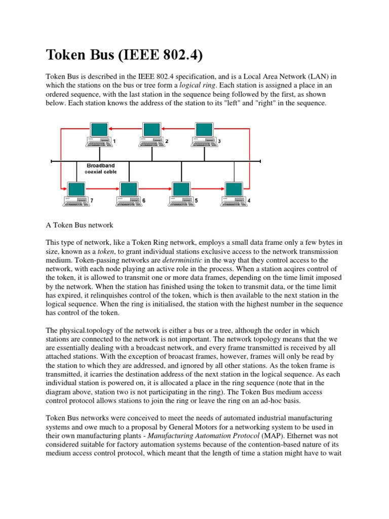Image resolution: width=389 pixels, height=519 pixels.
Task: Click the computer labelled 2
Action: click(x=151, y=135)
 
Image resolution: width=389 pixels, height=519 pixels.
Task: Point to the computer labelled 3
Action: click(x=204, y=135)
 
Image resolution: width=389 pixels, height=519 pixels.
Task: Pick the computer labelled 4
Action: click(x=234, y=194)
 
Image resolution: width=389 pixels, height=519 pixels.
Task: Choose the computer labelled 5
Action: click(x=181, y=194)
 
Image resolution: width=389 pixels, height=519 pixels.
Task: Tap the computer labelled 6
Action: click(x=128, y=194)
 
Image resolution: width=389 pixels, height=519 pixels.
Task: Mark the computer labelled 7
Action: click(x=75, y=194)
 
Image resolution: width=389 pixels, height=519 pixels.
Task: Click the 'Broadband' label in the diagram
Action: click(x=101, y=165)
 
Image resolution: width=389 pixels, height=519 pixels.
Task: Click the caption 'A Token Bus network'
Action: click(x=80, y=225)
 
